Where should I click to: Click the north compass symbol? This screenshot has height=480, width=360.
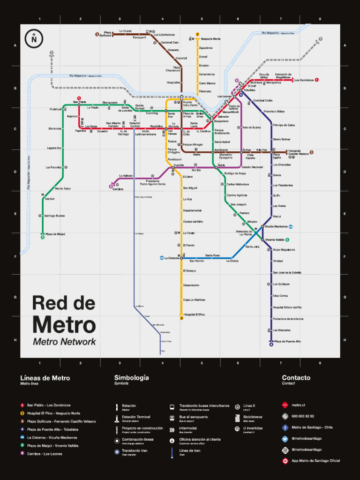point(34,38)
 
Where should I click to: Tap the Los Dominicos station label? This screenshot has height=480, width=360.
point(304,80)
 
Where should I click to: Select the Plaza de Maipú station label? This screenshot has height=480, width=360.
point(55,233)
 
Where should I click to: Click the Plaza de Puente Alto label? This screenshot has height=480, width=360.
point(287,341)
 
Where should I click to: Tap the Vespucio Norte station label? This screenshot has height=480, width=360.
point(210,39)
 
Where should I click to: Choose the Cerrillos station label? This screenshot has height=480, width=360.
point(118,189)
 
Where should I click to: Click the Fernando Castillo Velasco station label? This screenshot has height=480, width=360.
point(298,152)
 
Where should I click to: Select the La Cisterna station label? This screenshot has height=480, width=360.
point(172,258)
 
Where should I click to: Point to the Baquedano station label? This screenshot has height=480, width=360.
point(221,121)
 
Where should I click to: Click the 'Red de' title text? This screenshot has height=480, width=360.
point(63,303)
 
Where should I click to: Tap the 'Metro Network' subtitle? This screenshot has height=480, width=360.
point(64,342)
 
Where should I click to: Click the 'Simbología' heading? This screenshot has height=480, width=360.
point(131,377)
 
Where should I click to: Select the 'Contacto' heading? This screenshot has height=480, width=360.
point(296,377)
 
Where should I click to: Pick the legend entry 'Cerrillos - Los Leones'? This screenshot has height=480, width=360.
point(45,453)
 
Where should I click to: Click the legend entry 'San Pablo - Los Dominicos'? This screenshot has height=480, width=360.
point(49,405)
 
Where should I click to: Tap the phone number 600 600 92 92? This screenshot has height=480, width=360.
point(303,416)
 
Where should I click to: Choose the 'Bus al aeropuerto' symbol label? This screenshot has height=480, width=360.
point(194,417)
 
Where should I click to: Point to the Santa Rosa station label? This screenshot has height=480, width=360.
point(212,255)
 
